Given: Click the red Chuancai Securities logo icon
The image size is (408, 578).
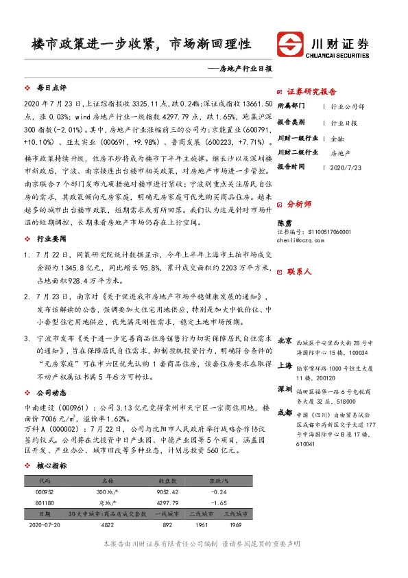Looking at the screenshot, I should (293, 43).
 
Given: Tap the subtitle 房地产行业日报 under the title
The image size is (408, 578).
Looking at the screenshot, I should (242, 69).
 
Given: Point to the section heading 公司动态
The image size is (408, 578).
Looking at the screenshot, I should (51, 393).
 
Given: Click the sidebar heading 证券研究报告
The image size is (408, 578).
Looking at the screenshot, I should (311, 91).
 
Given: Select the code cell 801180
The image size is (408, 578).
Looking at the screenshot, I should (45, 502).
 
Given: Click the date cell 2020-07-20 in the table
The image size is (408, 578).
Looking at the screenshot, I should (45, 525).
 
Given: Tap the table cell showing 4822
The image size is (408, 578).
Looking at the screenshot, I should (108, 525).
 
